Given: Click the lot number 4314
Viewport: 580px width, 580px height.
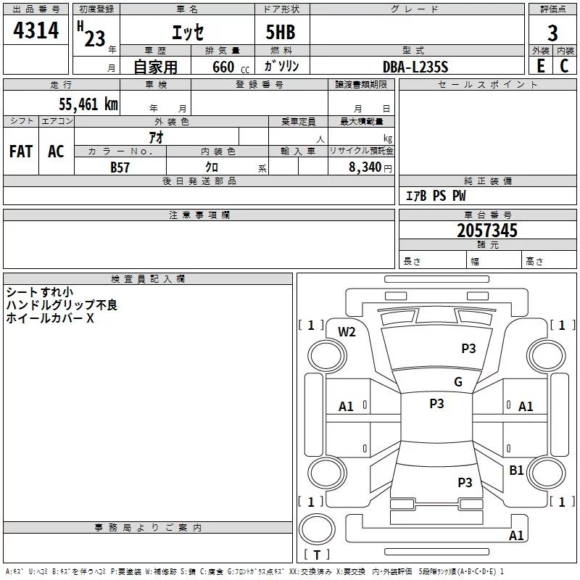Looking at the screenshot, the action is coord(36,30).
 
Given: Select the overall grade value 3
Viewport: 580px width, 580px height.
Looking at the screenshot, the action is coord(552,33).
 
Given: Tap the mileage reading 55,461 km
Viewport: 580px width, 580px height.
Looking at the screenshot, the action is coord(88,104).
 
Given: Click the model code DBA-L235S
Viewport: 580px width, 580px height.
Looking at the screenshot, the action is coord(415,67).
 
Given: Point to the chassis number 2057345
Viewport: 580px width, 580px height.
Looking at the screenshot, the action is coord(487,231).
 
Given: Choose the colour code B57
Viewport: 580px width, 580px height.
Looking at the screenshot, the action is coord(120,167).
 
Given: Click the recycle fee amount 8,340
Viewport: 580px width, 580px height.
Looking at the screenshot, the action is coord(365,167).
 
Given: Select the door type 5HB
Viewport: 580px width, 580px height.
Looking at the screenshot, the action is coord(281,32).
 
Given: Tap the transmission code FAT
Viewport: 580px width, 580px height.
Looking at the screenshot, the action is coord(21,152).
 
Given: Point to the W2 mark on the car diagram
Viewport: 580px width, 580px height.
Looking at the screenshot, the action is coord(347,332).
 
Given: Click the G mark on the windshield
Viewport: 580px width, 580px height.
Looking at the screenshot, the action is coord(458,381).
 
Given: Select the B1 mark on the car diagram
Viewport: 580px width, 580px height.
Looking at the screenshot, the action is coord(516,470).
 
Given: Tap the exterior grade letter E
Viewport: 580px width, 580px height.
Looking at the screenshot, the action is coord(540,66).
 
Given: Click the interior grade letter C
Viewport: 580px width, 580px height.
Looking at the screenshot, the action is coord(564,66).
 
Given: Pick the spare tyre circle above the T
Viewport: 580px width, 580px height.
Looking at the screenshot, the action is coord(317,529).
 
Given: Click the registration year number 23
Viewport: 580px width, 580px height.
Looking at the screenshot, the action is coord(95,38).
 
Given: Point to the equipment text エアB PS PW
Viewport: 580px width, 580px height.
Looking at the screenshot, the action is coord(436,196).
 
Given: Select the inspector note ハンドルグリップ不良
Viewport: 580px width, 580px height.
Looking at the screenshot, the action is coord(62,305).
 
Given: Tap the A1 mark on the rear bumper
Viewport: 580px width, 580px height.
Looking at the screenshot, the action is coord(516,535).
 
